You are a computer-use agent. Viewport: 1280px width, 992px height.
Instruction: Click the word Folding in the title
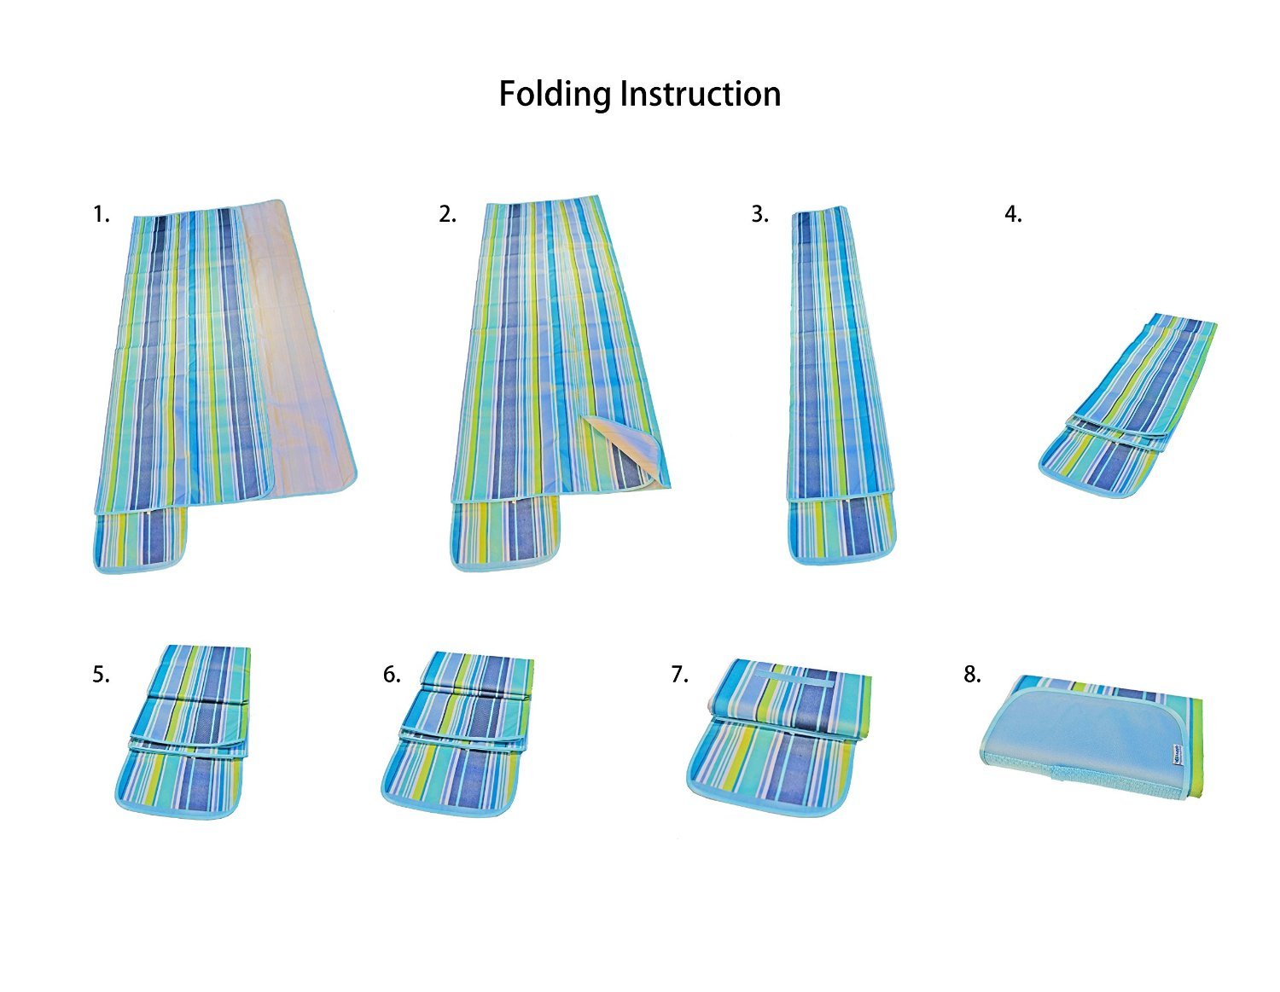tap(556, 94)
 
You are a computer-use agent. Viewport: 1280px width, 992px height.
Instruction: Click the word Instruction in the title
tap(701, 94)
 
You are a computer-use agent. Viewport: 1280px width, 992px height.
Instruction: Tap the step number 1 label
tap(101, 214)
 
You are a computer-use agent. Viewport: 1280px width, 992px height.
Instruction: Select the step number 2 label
tap(447, 214)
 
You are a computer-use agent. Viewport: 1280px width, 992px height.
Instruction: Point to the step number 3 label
tap(759, 214)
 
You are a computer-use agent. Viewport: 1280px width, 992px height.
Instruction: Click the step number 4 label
tap(1013, 214)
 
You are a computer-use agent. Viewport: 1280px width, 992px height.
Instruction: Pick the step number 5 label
tap(101, 675)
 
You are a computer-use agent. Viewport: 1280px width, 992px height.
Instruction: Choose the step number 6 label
tap(392, 675)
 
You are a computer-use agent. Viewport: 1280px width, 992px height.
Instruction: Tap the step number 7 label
tap(679, 675)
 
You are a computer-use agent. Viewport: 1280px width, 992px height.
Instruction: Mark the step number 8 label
tap(972, 675)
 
